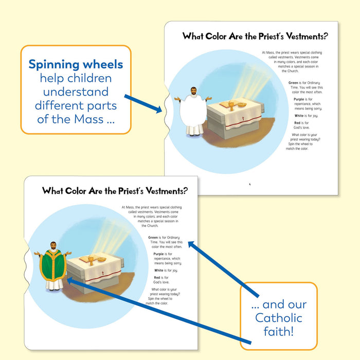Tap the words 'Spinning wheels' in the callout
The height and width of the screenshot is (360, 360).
click(x=76, y=65)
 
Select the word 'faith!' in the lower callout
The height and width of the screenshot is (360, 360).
click(x=278, y=331)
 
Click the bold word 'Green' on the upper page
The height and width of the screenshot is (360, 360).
click(x=293, y=83)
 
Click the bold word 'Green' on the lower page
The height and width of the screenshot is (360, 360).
click(x=153, y=237)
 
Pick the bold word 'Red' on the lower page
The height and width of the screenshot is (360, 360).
click(x=157, y=278)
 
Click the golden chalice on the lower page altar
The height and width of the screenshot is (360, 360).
click(x=92, y=259)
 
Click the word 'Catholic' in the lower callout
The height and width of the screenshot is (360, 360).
click(x=278, y=318)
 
